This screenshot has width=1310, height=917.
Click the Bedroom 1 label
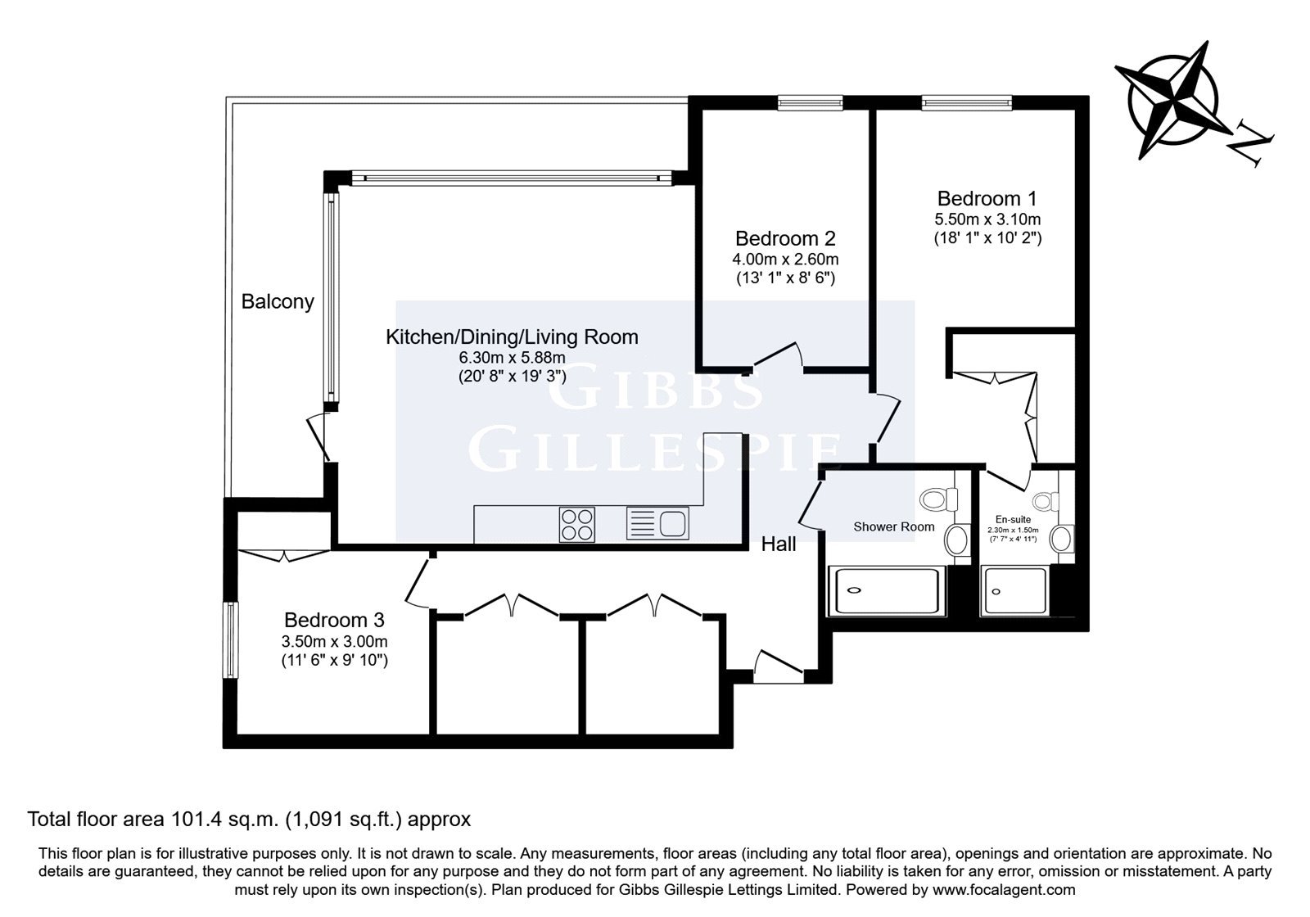point(987,199)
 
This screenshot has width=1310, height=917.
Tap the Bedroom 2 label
point(785,238)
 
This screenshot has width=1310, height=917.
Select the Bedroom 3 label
point(334,620)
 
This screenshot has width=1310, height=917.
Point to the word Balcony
point(278,302)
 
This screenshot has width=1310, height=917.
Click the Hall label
point(779,544)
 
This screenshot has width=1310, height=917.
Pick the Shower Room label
point(893,527)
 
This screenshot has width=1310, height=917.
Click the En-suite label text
point(1013,519)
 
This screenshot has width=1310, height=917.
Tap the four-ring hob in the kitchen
point(576,524)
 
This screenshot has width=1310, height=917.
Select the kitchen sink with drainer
point(657,523)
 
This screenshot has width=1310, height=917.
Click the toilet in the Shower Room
point(938,499)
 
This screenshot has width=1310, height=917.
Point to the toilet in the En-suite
point(1045,501)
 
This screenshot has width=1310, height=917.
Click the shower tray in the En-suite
point(1015,590)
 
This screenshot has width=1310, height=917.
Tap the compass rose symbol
point(1174,100)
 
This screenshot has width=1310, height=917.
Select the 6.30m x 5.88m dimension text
point(513,357)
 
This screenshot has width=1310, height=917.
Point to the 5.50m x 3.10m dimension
point(987,220)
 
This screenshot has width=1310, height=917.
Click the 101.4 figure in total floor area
point(196,820)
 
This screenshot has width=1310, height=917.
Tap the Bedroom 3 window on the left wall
point(231,639)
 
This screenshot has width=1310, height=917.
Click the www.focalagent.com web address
point(1004,890)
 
